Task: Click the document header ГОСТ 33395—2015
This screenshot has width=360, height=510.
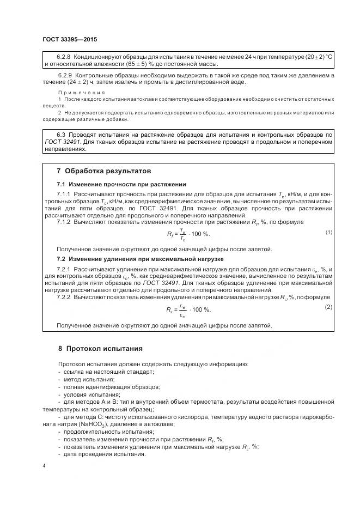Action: coord(70,39)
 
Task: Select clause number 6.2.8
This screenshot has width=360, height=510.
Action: coord(65,57)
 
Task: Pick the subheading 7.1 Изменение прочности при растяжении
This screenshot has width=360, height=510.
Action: coord(121,184)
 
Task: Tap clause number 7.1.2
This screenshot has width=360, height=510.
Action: coord(66,222)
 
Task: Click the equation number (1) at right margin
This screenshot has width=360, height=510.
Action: coord(329,232)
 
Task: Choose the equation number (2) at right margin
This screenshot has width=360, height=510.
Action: coord(328,307)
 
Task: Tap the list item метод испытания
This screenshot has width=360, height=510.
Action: coord(88,379)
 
